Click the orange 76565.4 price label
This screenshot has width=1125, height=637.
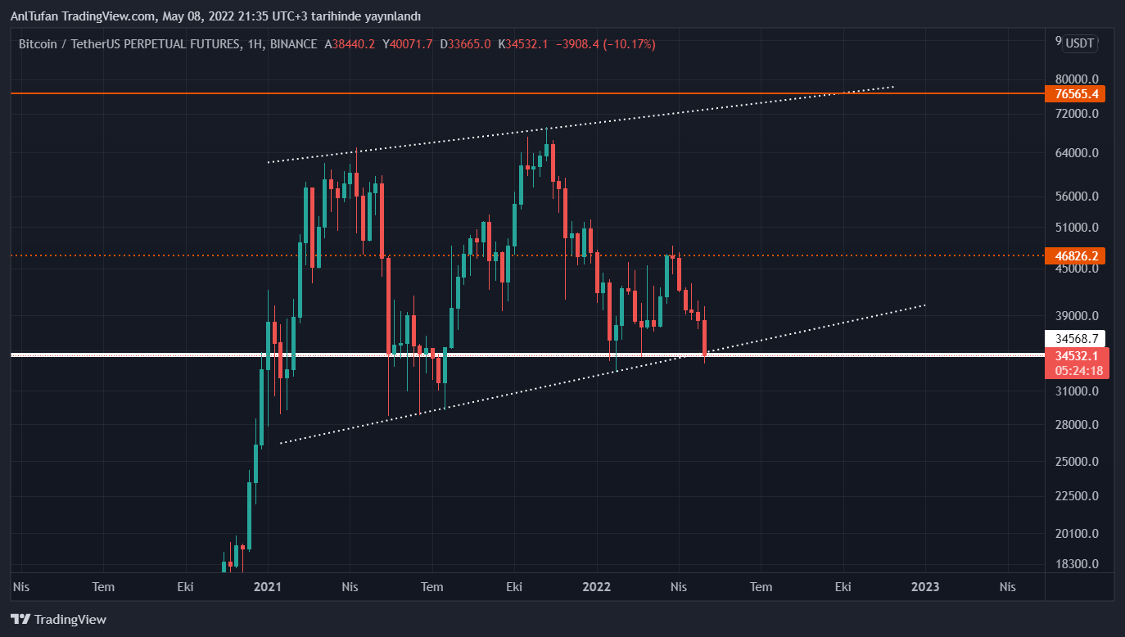[1075, 93]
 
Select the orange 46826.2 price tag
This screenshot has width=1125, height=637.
[1075, 255]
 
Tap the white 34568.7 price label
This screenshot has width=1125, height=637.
[1075, 338]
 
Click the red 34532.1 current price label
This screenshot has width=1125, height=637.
[1076, 356]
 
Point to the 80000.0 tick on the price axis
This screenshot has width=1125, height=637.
[1077, 79]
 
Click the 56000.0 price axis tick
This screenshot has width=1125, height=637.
[1077, 197]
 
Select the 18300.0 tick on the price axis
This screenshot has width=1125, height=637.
[1077, 564]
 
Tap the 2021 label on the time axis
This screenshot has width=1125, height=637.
[268, 586]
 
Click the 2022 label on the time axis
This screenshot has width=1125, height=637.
[597, 586]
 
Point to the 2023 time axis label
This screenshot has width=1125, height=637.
[925, 586]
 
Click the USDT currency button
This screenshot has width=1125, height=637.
[1080, 44]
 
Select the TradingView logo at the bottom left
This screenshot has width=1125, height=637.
[58, 619]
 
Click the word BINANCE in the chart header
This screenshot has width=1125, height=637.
[293, 44]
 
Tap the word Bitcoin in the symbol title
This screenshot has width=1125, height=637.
[38, 44]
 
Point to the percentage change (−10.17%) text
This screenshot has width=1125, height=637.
[629, 44]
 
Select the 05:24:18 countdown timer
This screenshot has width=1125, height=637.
[1079, 371]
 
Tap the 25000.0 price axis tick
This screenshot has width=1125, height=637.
[1077, 462]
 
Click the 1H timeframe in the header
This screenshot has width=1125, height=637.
[253, 44]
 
